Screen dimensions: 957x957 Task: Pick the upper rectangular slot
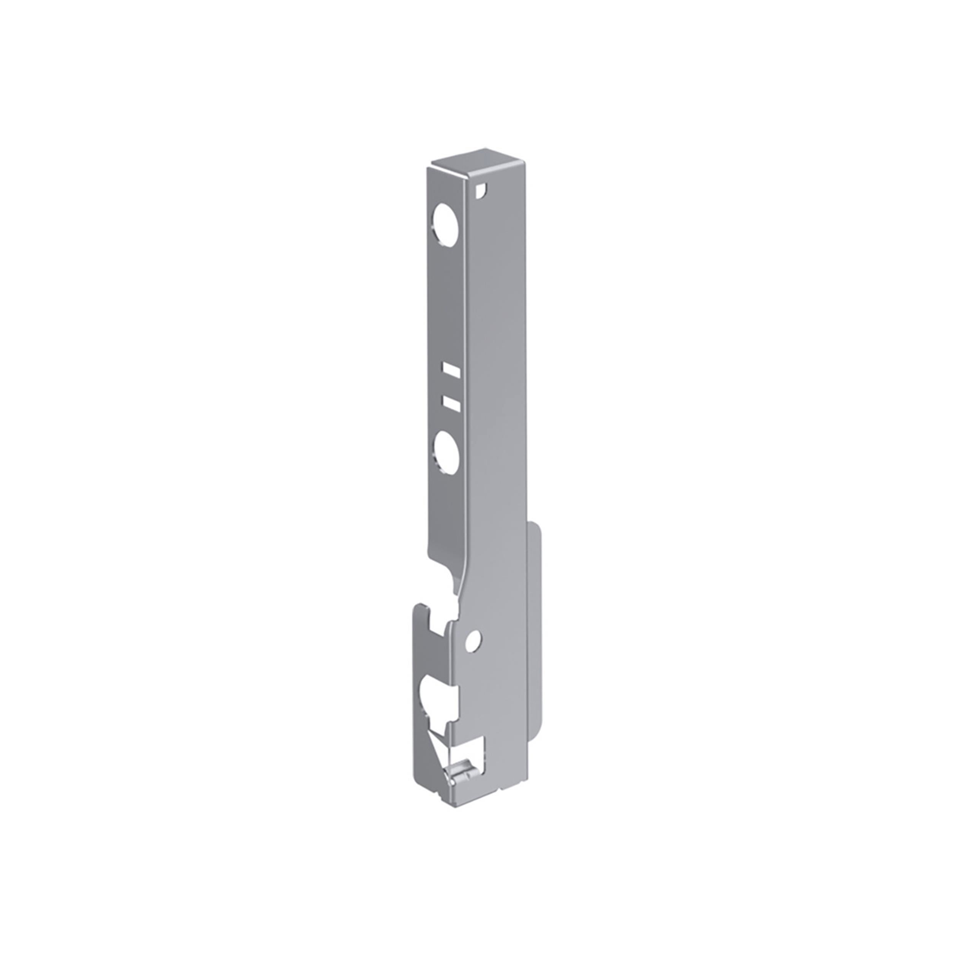pyautogui.click(x=451, y=369)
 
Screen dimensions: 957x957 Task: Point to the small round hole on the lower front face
pyautogui.click(x=473, y=642)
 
